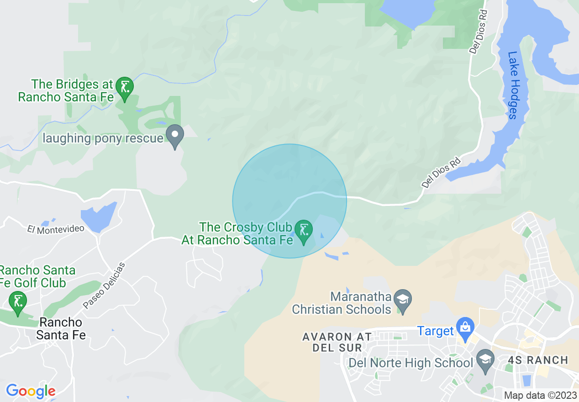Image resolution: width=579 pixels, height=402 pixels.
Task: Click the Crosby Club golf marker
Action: [x=303, y=232]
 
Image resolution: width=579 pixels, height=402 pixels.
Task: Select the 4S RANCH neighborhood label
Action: [x=537, y=360]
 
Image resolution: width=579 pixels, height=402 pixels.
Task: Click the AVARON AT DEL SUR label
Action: [x=337, y=342]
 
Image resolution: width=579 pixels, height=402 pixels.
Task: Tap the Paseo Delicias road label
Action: [x=104, y=286]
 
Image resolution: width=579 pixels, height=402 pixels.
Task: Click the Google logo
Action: [x=31, y=391]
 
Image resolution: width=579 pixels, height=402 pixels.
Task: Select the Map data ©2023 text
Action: [x=540, y=395]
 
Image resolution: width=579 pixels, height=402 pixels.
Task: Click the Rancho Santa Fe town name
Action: [x=61, y=329]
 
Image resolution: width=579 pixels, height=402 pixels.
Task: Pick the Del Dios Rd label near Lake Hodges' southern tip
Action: [x=442, y=173]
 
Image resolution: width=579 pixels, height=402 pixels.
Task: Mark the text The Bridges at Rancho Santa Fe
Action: [x=65, y=90]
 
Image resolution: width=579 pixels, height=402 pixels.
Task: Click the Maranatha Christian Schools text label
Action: [x=342, y=303]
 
